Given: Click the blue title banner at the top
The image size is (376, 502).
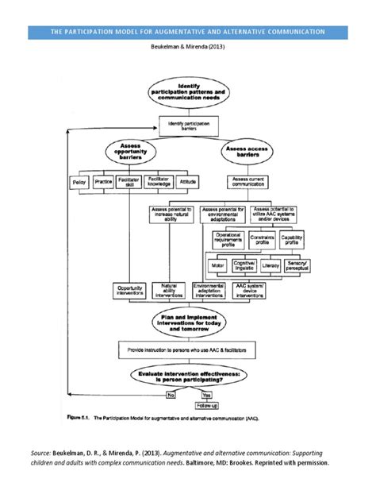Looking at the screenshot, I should coord(187,32).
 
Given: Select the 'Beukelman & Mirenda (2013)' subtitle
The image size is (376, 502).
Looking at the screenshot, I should coord(187,47).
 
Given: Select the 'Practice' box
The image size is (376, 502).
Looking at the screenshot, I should coord(104,183).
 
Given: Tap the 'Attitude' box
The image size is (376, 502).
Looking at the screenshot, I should coord(187,183).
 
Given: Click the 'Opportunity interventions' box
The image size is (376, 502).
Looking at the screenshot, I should coord(130,290).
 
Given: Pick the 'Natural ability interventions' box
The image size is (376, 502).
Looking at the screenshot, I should coord(168,290).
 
